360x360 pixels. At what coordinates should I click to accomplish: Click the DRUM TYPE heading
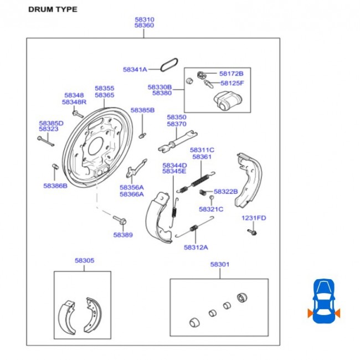point(53,9)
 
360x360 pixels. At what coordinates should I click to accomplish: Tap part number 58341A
point(135,70)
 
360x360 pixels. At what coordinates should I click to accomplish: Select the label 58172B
point(231,73)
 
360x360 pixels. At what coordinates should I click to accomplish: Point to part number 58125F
point(232,83)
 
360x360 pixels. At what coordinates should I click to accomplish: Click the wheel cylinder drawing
point(227,102)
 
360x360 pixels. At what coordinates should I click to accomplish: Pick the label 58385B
point(142,110)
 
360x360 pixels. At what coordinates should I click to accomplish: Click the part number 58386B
point(55,186)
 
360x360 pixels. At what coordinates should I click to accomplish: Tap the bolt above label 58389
point(121,219)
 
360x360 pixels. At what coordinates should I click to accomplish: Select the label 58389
point(123,235)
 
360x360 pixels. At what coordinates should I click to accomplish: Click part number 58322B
point(225,192)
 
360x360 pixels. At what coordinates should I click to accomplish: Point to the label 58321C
point(211,209)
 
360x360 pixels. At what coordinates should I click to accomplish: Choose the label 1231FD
point(254,218)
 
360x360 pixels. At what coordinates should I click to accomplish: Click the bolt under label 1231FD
point(251,232)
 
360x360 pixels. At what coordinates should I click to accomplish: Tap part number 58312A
point(196,247)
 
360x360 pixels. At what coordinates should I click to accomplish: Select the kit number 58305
point(84,260)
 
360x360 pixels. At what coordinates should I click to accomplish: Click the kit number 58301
point(219,265)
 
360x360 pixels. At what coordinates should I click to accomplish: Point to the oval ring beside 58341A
point(169,65)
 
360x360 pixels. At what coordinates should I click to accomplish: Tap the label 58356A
point(131,187)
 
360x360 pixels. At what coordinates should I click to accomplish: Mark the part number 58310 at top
point(144,19)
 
